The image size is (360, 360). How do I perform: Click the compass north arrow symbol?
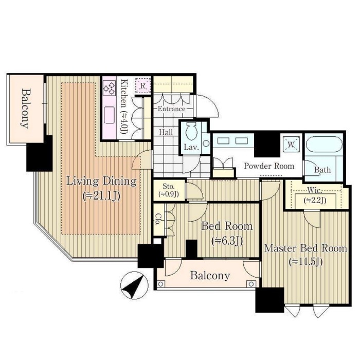[x=134, y=285]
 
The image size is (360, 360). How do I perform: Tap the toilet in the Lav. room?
[x=191, y=131]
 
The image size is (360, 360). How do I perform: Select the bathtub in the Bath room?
[x=324, y=145]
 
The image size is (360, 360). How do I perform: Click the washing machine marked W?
[x=291, y=145]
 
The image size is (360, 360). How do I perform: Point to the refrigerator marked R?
[x=143, y=86]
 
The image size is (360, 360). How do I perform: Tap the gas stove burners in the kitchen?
[x=109, y=88]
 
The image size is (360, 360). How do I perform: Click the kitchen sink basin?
[x=109, y=115]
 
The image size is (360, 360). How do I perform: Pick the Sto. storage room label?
[x=169, y=186]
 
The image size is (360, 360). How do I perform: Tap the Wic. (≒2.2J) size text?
[x=315, y=201]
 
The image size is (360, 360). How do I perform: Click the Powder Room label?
[x=269, y=166]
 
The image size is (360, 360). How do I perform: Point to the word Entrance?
[x=171, y=109]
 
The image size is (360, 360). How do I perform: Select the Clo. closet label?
[x=158, y=220]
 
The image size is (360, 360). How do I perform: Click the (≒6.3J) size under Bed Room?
[x=227, y=241]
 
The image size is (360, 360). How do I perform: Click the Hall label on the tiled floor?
[x=166, y=132]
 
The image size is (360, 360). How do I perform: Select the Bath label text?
[x=322, y=170]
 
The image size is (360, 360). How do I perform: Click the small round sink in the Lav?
[x=206, y=143]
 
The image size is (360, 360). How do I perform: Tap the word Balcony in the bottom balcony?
[x=210, y=276]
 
